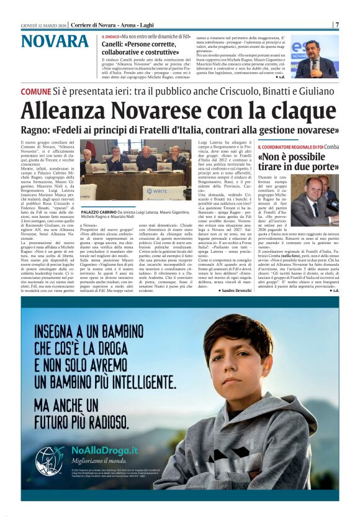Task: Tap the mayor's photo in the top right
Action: pos(315,57)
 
